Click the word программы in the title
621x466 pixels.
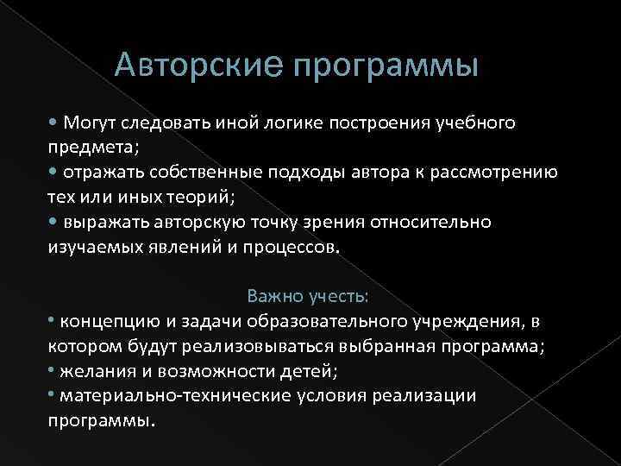point(386,66)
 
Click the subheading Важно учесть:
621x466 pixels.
point(308,297)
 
